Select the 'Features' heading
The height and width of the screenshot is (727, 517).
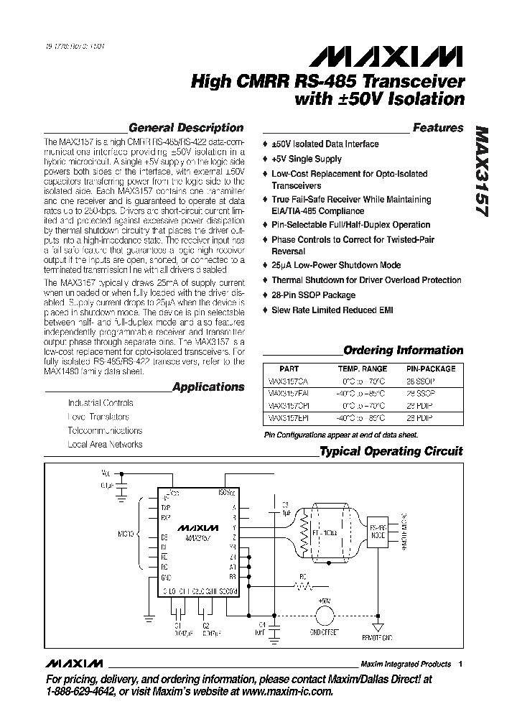pos(438,128)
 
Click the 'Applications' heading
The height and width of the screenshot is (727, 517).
pos(209,386)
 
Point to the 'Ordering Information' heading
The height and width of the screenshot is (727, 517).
pos(404,351)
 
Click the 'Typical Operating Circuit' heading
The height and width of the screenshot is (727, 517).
pos(391,451)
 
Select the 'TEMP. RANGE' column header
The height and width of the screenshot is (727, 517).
pos(363,369)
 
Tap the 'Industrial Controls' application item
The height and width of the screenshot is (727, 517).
pos(101,403)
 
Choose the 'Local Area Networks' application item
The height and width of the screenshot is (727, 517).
pos(105,444)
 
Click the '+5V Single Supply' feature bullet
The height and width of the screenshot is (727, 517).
pos(307,159)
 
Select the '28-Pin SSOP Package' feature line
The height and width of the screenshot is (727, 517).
pos(313,295)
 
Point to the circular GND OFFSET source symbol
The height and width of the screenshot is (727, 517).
pos(325,616)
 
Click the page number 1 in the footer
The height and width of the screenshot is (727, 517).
pos(460,664)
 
